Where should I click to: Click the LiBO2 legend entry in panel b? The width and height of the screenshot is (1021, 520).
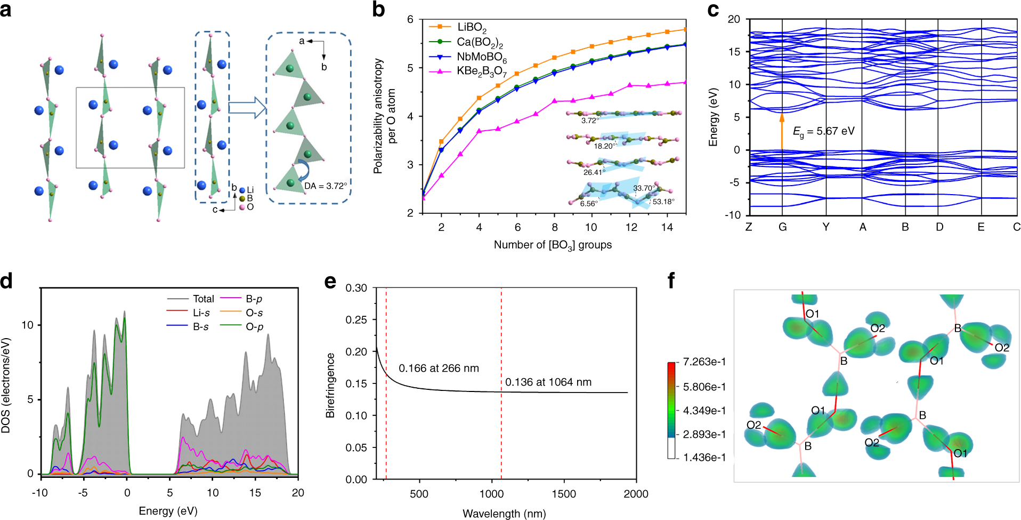coord(471,27)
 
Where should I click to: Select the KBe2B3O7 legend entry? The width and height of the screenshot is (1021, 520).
coord(481,71)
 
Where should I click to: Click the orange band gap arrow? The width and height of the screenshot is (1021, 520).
coord(782,131)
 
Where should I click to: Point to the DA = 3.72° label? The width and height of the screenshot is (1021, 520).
coord(326,186)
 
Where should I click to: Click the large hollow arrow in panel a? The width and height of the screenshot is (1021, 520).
coord(247,108)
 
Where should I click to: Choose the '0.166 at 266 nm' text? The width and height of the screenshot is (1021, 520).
coord(439,368)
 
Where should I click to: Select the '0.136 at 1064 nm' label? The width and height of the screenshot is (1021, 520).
coord(548,382)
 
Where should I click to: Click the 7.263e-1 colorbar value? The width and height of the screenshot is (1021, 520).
coord(704,362)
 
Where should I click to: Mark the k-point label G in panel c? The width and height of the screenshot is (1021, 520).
coord(782,227)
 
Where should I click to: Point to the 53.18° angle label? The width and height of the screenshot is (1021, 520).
coord(663,202)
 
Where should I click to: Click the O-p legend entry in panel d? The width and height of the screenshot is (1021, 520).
coord(254,326)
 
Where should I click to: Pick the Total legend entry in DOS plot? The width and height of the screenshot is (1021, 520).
coord(203,299)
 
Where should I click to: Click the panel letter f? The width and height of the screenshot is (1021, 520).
coord(671,280)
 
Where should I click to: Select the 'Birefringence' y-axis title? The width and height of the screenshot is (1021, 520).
coord(330,385)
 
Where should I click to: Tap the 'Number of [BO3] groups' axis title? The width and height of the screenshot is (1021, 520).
coord(553,245)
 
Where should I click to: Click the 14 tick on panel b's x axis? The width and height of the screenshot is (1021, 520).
coord(667,227)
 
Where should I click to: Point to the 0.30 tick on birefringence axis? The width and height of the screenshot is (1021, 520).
coord(356,288)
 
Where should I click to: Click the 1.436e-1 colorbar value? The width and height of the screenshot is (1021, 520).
coord(704,457)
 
